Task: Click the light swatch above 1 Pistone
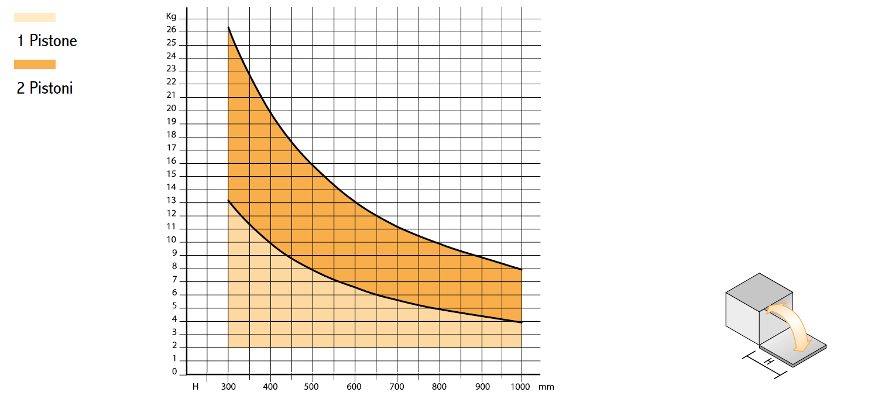click(x=35, y=18)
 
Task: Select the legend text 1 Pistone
click(x=47, y=41)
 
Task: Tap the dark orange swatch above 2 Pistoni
click(x=35, y=64)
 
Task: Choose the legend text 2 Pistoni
click(x=45, y=88)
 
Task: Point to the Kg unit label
click(x=171, y=16)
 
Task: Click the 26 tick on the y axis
click(x=171, y=30)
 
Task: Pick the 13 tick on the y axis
click(x=171, y=201)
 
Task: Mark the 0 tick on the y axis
click(x=174, y=372)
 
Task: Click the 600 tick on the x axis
click(x=354, y=387)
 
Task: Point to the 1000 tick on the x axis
click(x=520, y=387)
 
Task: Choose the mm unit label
click(x=547, y=387)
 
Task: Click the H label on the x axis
click(x=196, y=387)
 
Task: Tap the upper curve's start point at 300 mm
click(x=228, y=27)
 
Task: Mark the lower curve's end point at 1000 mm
click(x=521, y=322)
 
